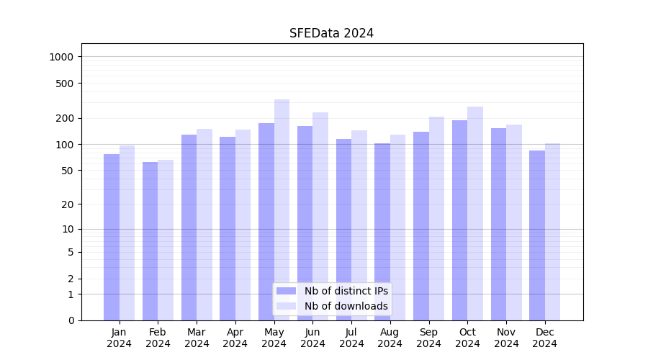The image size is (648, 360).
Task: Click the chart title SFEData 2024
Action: click(x=331, y=33)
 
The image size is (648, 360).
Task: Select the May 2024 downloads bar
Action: click(x=282, y=209)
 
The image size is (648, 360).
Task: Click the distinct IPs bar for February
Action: click(x=150, y=241)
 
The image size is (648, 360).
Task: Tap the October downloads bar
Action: click(x=475, y=213)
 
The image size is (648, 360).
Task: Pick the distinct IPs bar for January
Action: click(x=112, y=237)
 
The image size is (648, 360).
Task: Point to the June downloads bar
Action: click(x=320, y=216)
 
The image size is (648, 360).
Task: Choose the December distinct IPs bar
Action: click(x=537, y=235)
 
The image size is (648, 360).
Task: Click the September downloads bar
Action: click(x=436, y=218)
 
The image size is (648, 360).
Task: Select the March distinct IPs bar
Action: click(x=189, y=228)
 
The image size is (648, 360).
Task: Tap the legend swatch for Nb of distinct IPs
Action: click(x=287, y=291)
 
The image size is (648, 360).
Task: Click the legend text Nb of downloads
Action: click(x=346, y=306)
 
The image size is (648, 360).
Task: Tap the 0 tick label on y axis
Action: click(x=71, y=320)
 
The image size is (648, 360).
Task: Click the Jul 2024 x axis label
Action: click(x=351, y=338)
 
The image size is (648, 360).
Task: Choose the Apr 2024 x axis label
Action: click(x=235, y=338)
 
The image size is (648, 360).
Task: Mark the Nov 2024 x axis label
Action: click(x=506, y=338)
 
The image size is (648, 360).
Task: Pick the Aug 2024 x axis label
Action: click(x=390, y=338)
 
